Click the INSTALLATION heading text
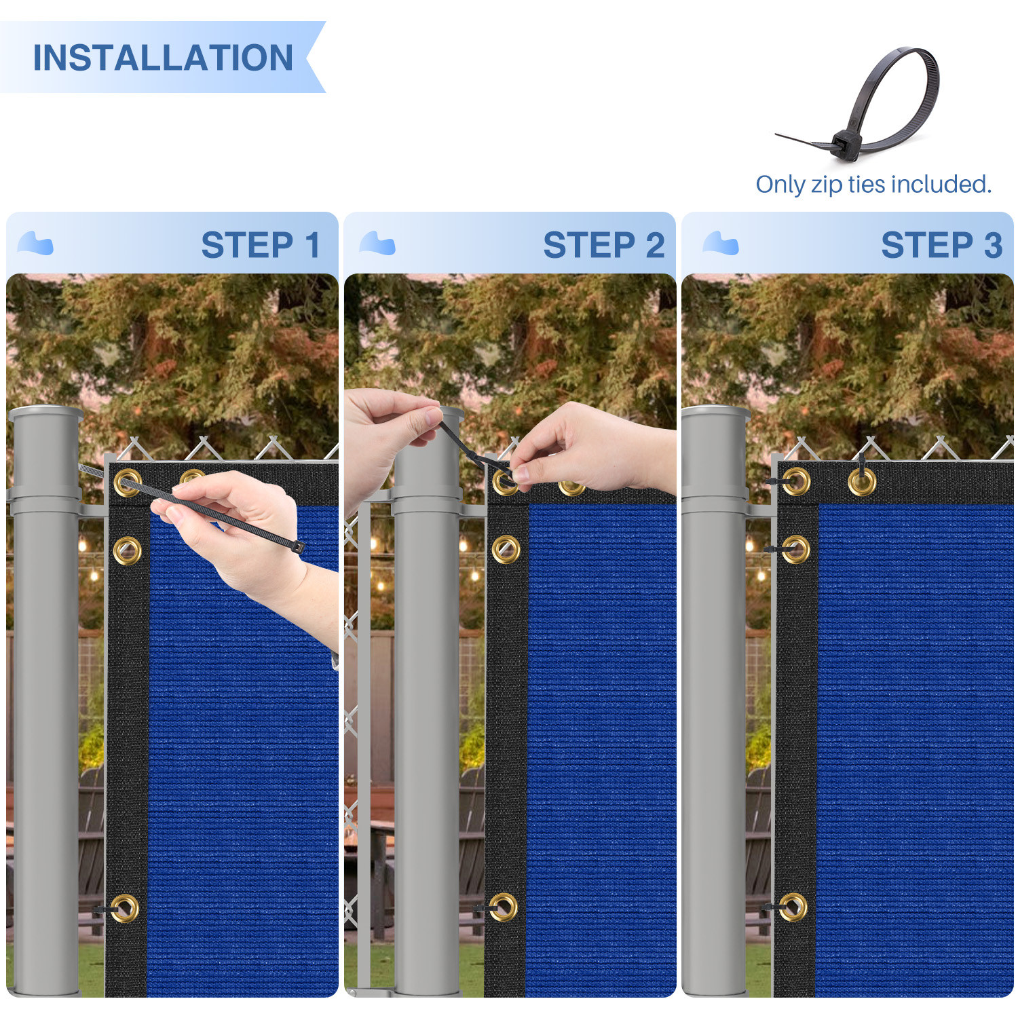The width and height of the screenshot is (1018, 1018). [x=163, y=58]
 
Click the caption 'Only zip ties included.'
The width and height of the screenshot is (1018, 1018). [x=873, y=184]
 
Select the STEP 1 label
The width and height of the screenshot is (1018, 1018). [x=261, y=245]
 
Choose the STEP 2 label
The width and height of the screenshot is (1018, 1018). [x=604, y=245]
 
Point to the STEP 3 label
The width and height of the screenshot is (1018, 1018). [x=941, y=245]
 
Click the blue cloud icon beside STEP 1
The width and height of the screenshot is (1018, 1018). [x=35, y=243]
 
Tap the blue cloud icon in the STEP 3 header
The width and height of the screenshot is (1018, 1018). [x=721, y=243]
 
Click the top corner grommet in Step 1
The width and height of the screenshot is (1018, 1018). [x=128, y=483]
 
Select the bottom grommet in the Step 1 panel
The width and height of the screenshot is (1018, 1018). [x=125, y=908]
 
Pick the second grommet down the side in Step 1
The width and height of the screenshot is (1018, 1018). [x=128, y=550]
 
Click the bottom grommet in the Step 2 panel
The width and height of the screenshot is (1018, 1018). [x=504, y=907]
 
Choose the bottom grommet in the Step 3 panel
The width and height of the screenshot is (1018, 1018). [x=793, y=907]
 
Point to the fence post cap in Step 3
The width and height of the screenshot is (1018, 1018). [x=716, y=413]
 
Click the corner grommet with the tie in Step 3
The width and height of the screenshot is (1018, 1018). [x=796, y=482]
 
